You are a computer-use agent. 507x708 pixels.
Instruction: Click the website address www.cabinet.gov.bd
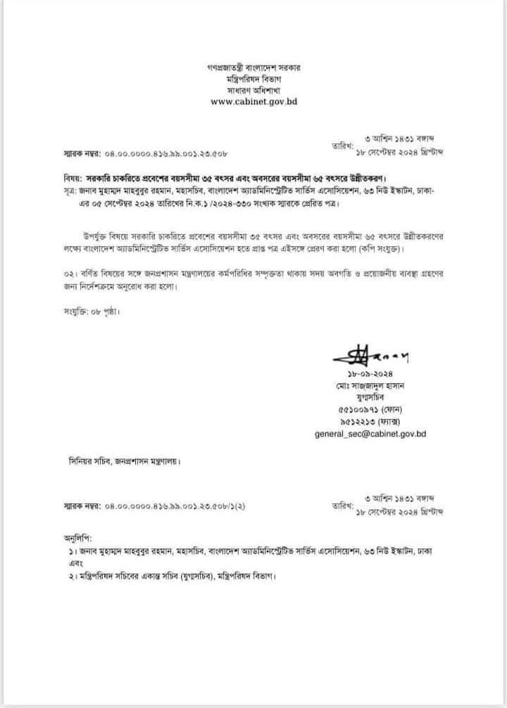coord(254,101)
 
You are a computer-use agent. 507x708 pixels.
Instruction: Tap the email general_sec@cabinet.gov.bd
coord(370,434)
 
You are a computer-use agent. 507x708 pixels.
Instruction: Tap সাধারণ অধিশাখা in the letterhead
coord(254,90)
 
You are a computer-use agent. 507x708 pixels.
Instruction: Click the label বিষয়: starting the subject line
coord(71,179)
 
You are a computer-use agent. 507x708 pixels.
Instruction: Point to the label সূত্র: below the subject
coord(70,192)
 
